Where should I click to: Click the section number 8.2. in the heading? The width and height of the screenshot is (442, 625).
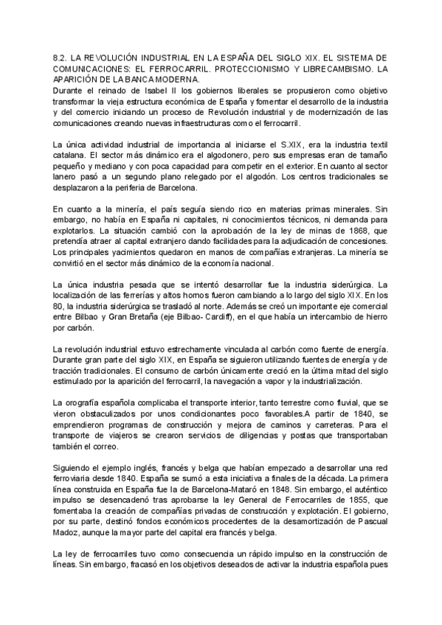point(63,57)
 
